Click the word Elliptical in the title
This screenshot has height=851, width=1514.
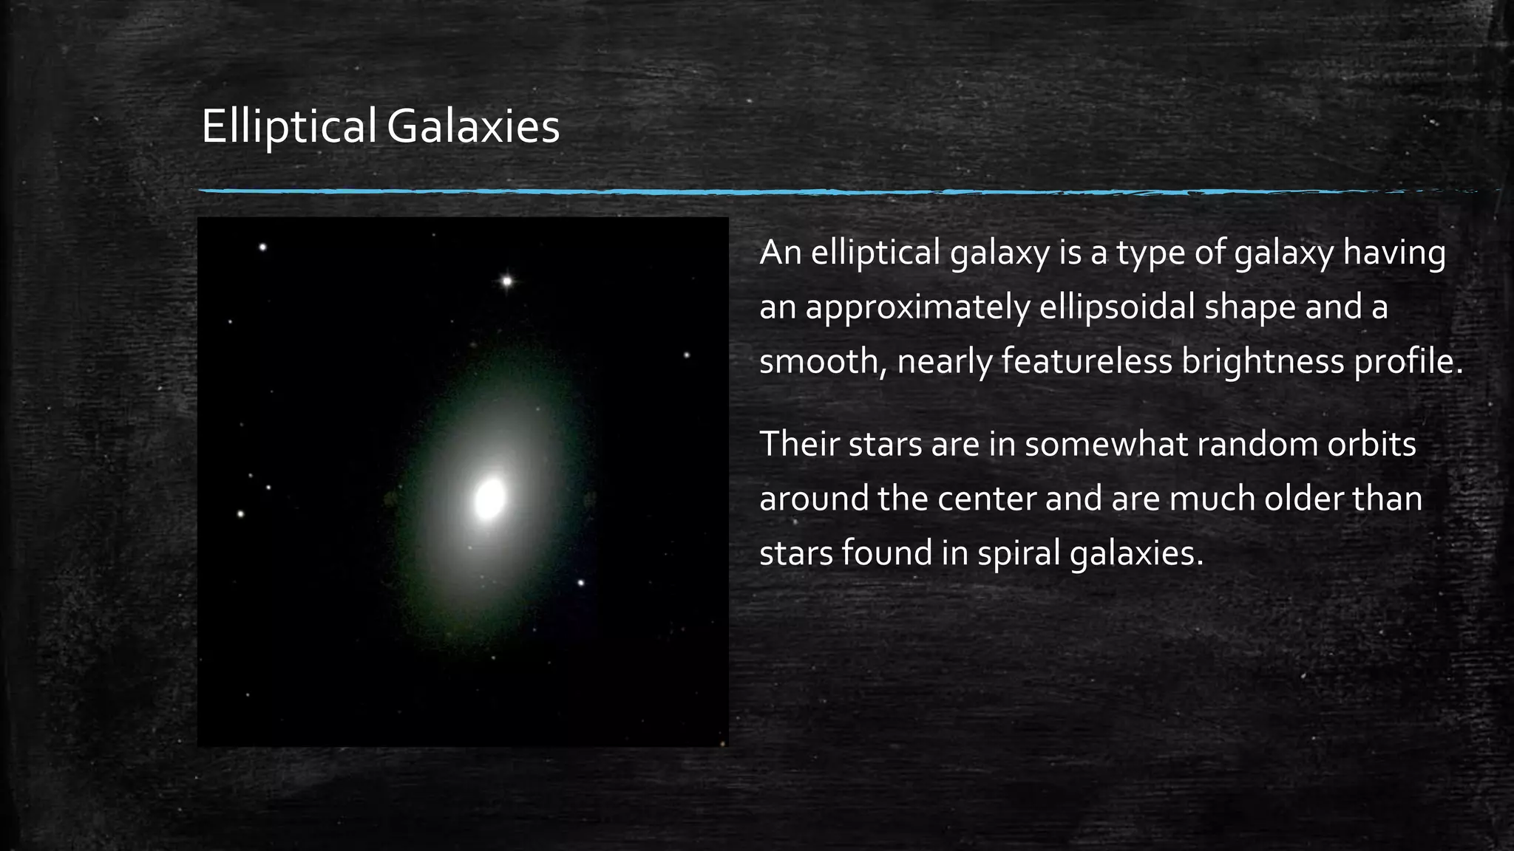[288, 127]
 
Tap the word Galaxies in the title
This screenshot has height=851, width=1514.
[473, 127]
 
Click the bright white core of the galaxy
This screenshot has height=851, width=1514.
[489, 499]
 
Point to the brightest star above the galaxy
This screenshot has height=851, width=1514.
[507, 281]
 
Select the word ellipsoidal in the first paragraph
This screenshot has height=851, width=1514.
[1117, 307]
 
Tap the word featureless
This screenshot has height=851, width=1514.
[1087, 361]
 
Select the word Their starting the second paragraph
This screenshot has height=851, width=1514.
[798, 444]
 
